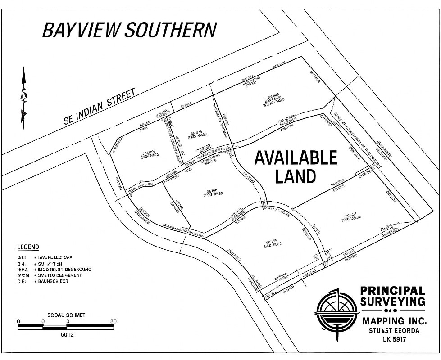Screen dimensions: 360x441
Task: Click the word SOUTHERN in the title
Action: (x=170, y=30)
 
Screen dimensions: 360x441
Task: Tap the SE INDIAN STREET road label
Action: (x=100, y=106)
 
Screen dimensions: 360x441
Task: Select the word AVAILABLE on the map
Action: (x=296, y=158)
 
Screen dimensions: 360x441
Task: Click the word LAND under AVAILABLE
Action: (x=296, y=176)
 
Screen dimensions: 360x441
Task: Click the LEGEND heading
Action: (x=28, y=247)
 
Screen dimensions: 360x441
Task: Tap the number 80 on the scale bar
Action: (x=113, y=321)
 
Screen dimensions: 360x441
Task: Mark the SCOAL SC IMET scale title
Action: (x=66, y=315)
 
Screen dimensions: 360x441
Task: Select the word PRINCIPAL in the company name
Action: (x=392, y=291)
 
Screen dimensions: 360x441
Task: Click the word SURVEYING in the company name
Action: (x=392, y=301)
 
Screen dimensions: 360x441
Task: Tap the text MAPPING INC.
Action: (x=394, y=321)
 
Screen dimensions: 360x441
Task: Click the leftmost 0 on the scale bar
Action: (x=18, y=321)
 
